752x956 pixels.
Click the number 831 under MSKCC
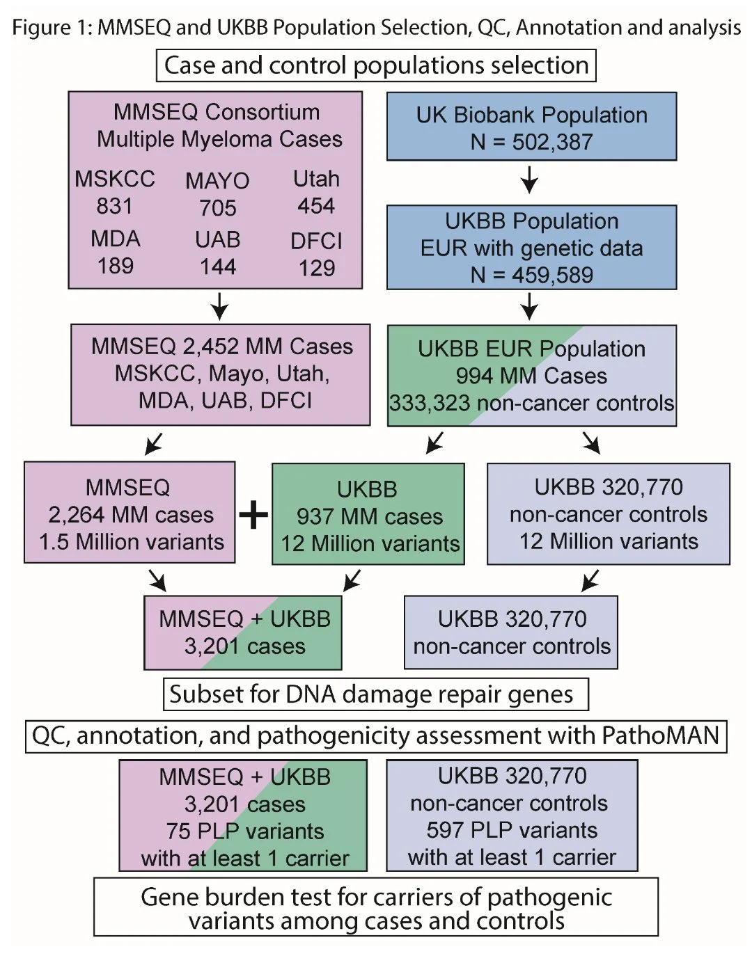pyautogui.click(x=114, y=206)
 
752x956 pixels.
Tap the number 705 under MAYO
pyautogui.click(x=217, y=207)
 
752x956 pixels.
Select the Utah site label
pyautogui.click(x=316, y=179)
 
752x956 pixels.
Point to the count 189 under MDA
pyautogui.click(x=115, y=266)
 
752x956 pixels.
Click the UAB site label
pyautogui.click(x=217, y=239)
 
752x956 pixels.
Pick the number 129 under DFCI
pyautogui.click(x=316, y=268)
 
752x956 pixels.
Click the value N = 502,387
pyautogui.click(x=531, y=142)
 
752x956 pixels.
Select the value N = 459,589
pyautogui.click(x=531, y=275)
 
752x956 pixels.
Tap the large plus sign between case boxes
pyautogui.click(x=253, y=516)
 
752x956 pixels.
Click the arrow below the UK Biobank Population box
pyautogui.click(x=529, y=180)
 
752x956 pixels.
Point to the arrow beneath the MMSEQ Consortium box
pyautogui.click(x=219, y=305)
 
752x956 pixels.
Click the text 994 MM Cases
pyautogui.click(x=531, y=376)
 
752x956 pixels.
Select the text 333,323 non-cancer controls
pyautogui.click(x=531, y=403)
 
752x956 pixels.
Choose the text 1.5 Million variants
pyautogui.click(x=131, y=542)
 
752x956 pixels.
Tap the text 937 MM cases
pyautogui.click(x=369, y=516)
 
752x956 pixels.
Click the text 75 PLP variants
pyautogui.click(x=244, y=831)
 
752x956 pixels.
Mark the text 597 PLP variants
pyautogui.click(x=512, y=830)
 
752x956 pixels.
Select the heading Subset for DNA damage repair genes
pyautogui.click(x=371, y=694)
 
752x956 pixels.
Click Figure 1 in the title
pyautogui.click(x=52, y=27)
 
